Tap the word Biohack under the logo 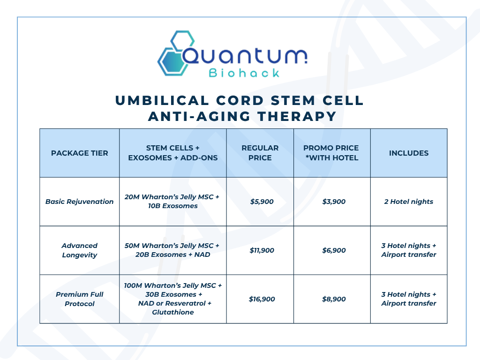244,73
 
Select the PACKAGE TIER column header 80,153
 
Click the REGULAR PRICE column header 260,153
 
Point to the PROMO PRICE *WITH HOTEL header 331,153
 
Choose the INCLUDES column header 409,153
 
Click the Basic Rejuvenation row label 80,202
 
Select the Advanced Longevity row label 80,250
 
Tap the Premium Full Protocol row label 80,299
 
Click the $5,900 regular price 262,202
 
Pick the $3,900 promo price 334,202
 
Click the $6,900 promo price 334,250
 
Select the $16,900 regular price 262,299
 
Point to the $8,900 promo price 334,299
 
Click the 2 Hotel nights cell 409,202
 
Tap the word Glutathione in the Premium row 173,312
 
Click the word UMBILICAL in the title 162,101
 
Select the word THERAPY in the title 297,116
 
